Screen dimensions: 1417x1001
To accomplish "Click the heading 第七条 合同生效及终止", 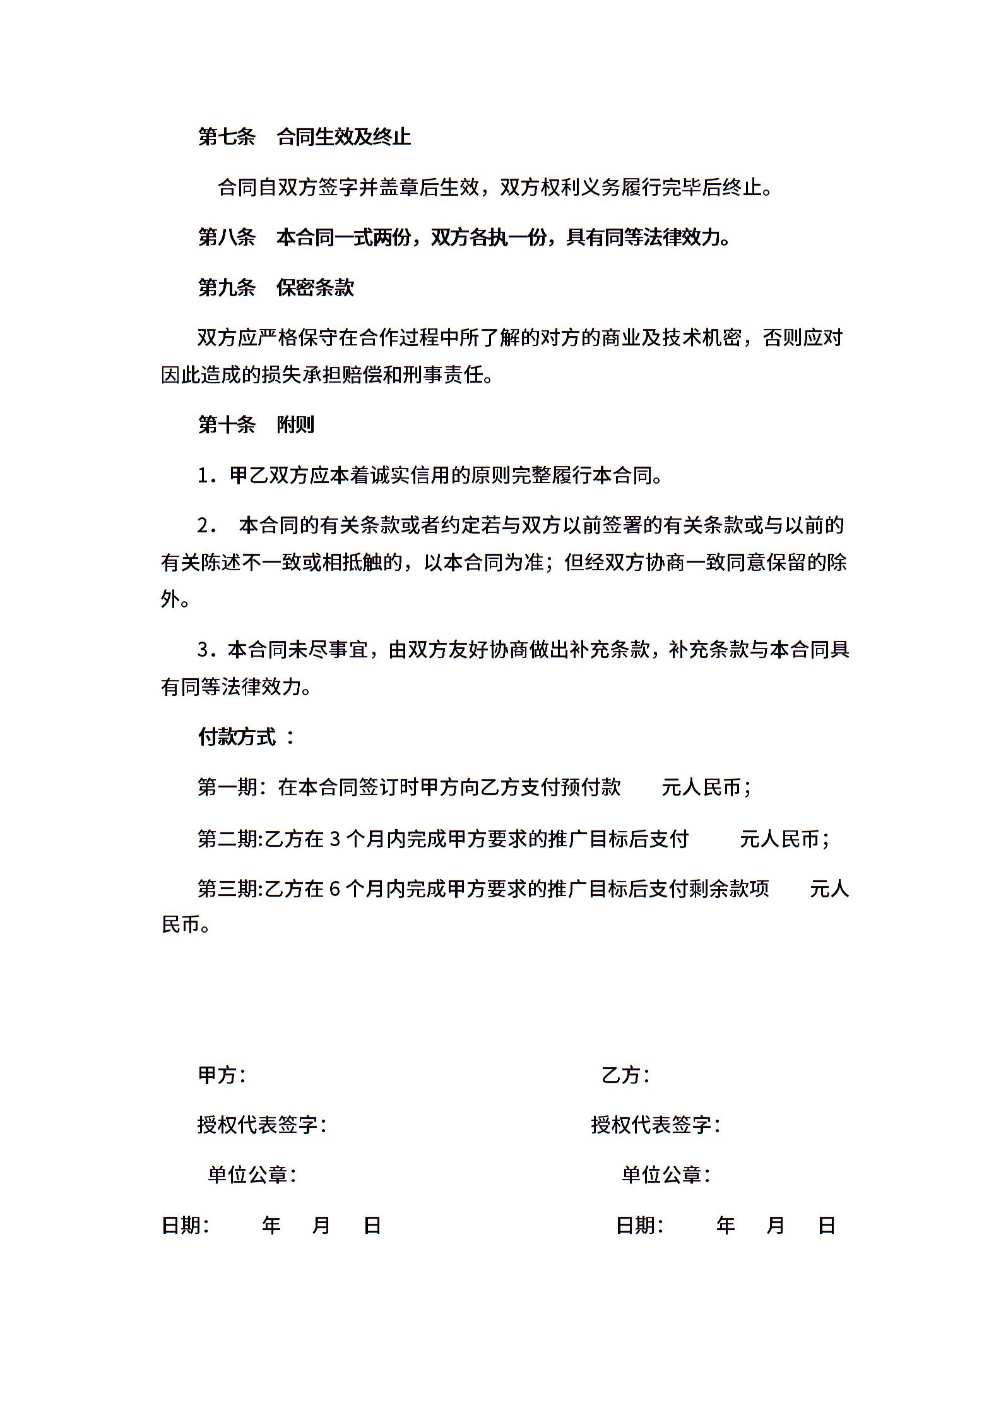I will pos(304,136).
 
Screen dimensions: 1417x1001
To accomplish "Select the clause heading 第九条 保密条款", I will pos(276,288).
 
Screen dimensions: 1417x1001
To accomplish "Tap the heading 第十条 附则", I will pos(256,425).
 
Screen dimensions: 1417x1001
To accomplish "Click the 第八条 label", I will pos(227,237).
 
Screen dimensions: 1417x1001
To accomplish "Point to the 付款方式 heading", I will pos(237,737).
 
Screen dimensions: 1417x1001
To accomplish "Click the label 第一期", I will pos(227,787).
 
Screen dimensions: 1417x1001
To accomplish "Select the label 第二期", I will pos(227,839).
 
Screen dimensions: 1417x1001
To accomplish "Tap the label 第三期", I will pos(227,889).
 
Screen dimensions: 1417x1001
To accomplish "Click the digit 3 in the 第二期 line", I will pos(335,839).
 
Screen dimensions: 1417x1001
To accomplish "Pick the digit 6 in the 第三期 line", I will pos(335,890).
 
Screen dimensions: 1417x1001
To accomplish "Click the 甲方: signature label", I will pos(222,1075).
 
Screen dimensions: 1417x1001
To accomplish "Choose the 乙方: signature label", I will pos(625,1075).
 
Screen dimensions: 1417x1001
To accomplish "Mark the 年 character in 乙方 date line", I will pos(725,1226).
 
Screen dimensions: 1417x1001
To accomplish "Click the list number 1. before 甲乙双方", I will pos(206,475).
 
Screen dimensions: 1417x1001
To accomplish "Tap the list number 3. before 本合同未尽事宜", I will pos(206,650).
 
